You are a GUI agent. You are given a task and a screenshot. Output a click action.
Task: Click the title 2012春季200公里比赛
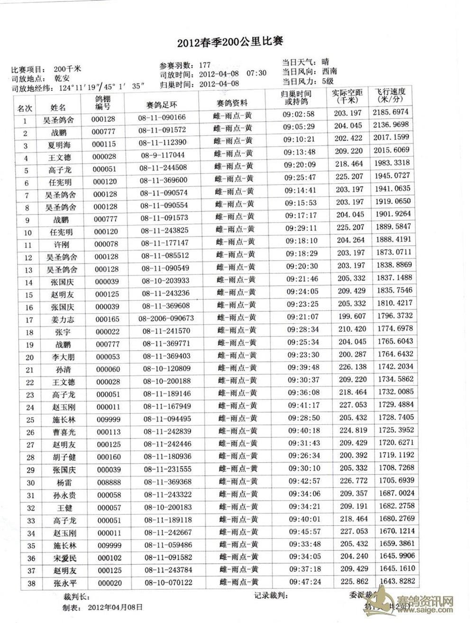230,42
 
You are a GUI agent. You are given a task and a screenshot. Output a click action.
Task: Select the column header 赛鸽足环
162,104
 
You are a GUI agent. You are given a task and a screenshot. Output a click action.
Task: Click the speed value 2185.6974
391,112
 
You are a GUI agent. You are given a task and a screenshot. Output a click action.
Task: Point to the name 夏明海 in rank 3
59,145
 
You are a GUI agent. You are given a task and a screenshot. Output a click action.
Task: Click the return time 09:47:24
305,581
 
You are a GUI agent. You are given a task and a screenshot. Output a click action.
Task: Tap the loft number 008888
109,483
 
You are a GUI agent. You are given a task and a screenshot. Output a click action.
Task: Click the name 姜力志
63,320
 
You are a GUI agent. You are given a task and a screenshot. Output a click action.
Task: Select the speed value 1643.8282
397,581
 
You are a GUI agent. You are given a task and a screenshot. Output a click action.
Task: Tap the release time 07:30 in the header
256,73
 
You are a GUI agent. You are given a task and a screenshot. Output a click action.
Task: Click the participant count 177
205,65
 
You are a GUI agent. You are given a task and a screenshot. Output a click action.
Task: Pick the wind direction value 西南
329,71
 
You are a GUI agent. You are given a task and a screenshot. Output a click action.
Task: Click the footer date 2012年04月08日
116,606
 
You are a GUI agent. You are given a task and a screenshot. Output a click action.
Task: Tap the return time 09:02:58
299,114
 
